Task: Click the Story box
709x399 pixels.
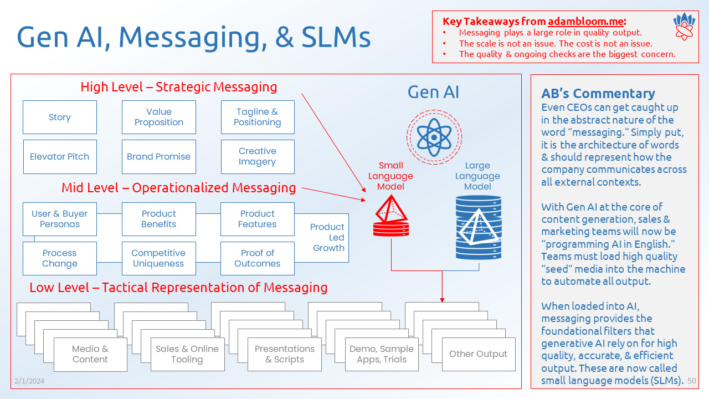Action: pyautogui.click(x=60, y=117)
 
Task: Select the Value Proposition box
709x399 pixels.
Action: pyautogui.click(x=159, y=117)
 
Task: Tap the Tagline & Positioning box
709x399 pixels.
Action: pyautogui.click(x=258, y=117)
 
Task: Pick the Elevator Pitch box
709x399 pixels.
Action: pyautogui.click(x=60, y=157)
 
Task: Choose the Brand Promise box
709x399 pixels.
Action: pyautogui.click(x=159, y=157)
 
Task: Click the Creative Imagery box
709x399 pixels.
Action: pyautogui.click(x=258, y=157)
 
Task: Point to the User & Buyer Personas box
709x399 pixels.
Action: pyautogui.click(x=60, y=219)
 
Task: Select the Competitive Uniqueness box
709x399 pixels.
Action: pyautogui.click(x=159, y=258)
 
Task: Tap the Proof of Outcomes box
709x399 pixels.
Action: pyautogui.click(x=258, y=258)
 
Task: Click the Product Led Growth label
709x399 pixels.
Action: pyautogui.click(x=328, y=237)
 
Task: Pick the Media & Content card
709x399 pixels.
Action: pyautogui.click(x=90, y=354)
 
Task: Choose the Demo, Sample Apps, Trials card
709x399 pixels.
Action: pyautogui.click(x=382, y=354)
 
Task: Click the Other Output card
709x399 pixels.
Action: pyautogui.click(x=478, y=354)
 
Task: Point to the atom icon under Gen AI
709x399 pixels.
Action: pyautogui.click(x=434, y=137)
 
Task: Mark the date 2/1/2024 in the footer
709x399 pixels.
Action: pyautogui.click(x=29, y=381)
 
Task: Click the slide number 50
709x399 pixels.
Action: pyautogui.click(x=692, y=381)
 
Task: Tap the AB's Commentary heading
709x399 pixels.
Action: pyautogui.click(x=598, y=93)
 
